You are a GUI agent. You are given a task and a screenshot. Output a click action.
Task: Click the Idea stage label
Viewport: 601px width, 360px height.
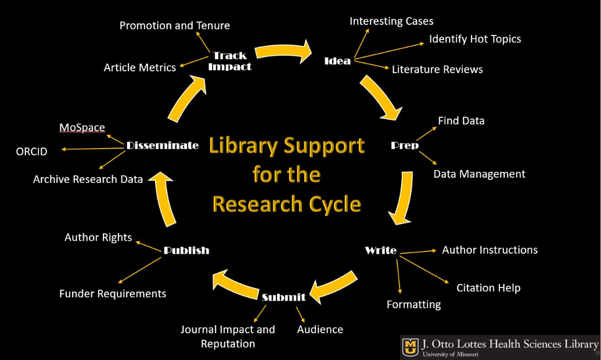337,60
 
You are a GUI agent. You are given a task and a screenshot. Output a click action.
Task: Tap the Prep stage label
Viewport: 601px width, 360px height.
405,145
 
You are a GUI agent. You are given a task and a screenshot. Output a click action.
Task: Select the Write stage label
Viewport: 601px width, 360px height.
380,250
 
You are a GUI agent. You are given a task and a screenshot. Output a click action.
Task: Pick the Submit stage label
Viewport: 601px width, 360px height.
283,297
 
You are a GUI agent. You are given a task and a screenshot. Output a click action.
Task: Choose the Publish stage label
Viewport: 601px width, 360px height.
186,250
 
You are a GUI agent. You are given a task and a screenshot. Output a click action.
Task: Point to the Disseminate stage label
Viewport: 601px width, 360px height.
163,145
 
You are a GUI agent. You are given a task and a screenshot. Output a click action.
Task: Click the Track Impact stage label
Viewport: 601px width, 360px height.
230,61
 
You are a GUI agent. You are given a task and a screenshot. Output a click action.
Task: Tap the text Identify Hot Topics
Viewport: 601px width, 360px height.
475,39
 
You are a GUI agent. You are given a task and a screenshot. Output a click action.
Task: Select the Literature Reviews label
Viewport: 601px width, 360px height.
437,69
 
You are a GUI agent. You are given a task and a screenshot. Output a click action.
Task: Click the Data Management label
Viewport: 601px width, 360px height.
479,174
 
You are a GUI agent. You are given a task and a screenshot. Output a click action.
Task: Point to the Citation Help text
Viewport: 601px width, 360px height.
488,287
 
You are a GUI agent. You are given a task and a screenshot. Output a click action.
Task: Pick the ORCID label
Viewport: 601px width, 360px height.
31,152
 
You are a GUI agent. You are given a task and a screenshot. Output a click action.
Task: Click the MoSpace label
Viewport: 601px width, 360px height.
82,127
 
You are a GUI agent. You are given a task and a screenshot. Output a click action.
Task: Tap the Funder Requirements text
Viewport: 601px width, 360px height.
113,293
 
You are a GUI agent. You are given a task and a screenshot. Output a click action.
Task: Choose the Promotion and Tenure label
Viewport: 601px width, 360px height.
175,26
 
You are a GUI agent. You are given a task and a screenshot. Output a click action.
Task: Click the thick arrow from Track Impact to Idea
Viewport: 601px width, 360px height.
284,51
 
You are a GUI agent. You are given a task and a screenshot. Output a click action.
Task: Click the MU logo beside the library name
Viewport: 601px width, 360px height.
410,347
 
